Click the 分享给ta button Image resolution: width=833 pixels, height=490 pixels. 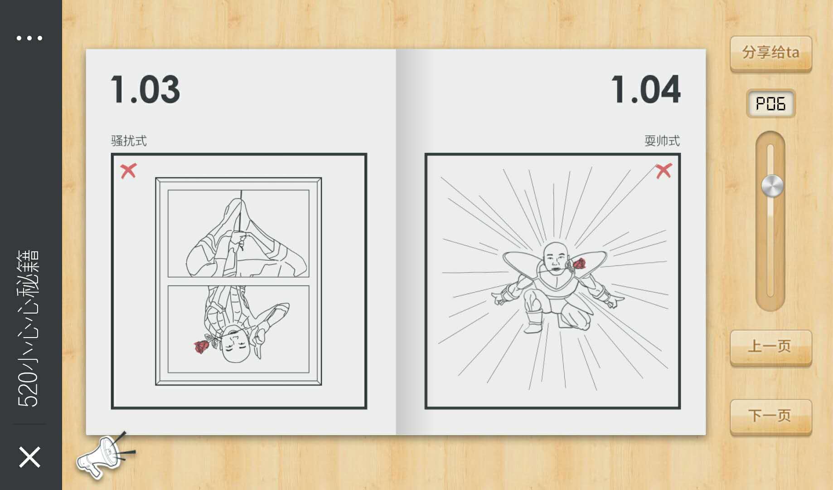pyautogui.click(x=770, y=53)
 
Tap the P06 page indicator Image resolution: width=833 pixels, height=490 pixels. pyautogui.click(x=770, y=104)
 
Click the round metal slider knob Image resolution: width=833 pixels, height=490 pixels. pyautogui.click(x=772, y=186)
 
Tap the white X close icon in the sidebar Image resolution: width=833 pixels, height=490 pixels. pyautogui.click(x=30, y=457)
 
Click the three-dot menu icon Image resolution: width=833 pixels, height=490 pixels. pyautogui.click(x=29, y=38)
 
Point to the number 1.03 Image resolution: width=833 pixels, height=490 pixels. pyautogui.click(x=145, y=89)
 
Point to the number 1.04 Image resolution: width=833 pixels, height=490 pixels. pyautogui.click(x=646, y=89)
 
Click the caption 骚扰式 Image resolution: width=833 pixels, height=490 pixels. pyautogui.click(x=129, y=141)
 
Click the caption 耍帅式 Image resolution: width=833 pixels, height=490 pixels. pyautogui.click(x=662, y=141)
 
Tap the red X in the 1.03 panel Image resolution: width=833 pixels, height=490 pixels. pyautogui.click(x=128, y=171)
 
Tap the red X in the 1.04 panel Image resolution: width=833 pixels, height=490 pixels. pyautogui.click(x=663, y=171)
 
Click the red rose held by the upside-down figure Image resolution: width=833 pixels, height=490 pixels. pyautogui.click(x=202, y=347)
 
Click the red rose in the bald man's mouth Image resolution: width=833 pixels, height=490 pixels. pyautogui.click(x=579, y=263)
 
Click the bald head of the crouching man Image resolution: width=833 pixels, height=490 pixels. pyautogui.click(x=554, y=251)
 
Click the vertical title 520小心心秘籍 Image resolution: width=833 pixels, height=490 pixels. pyautogui.click(x=29, y=328)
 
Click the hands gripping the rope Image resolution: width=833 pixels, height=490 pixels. pyautogui.click(x=238, y=239)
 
